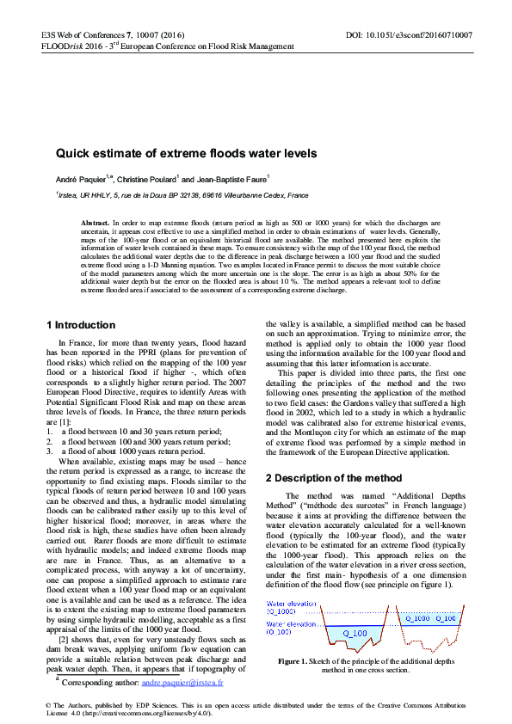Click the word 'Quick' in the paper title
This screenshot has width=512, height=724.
point(74,154)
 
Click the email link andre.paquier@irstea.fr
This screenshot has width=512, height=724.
point(182,683)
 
